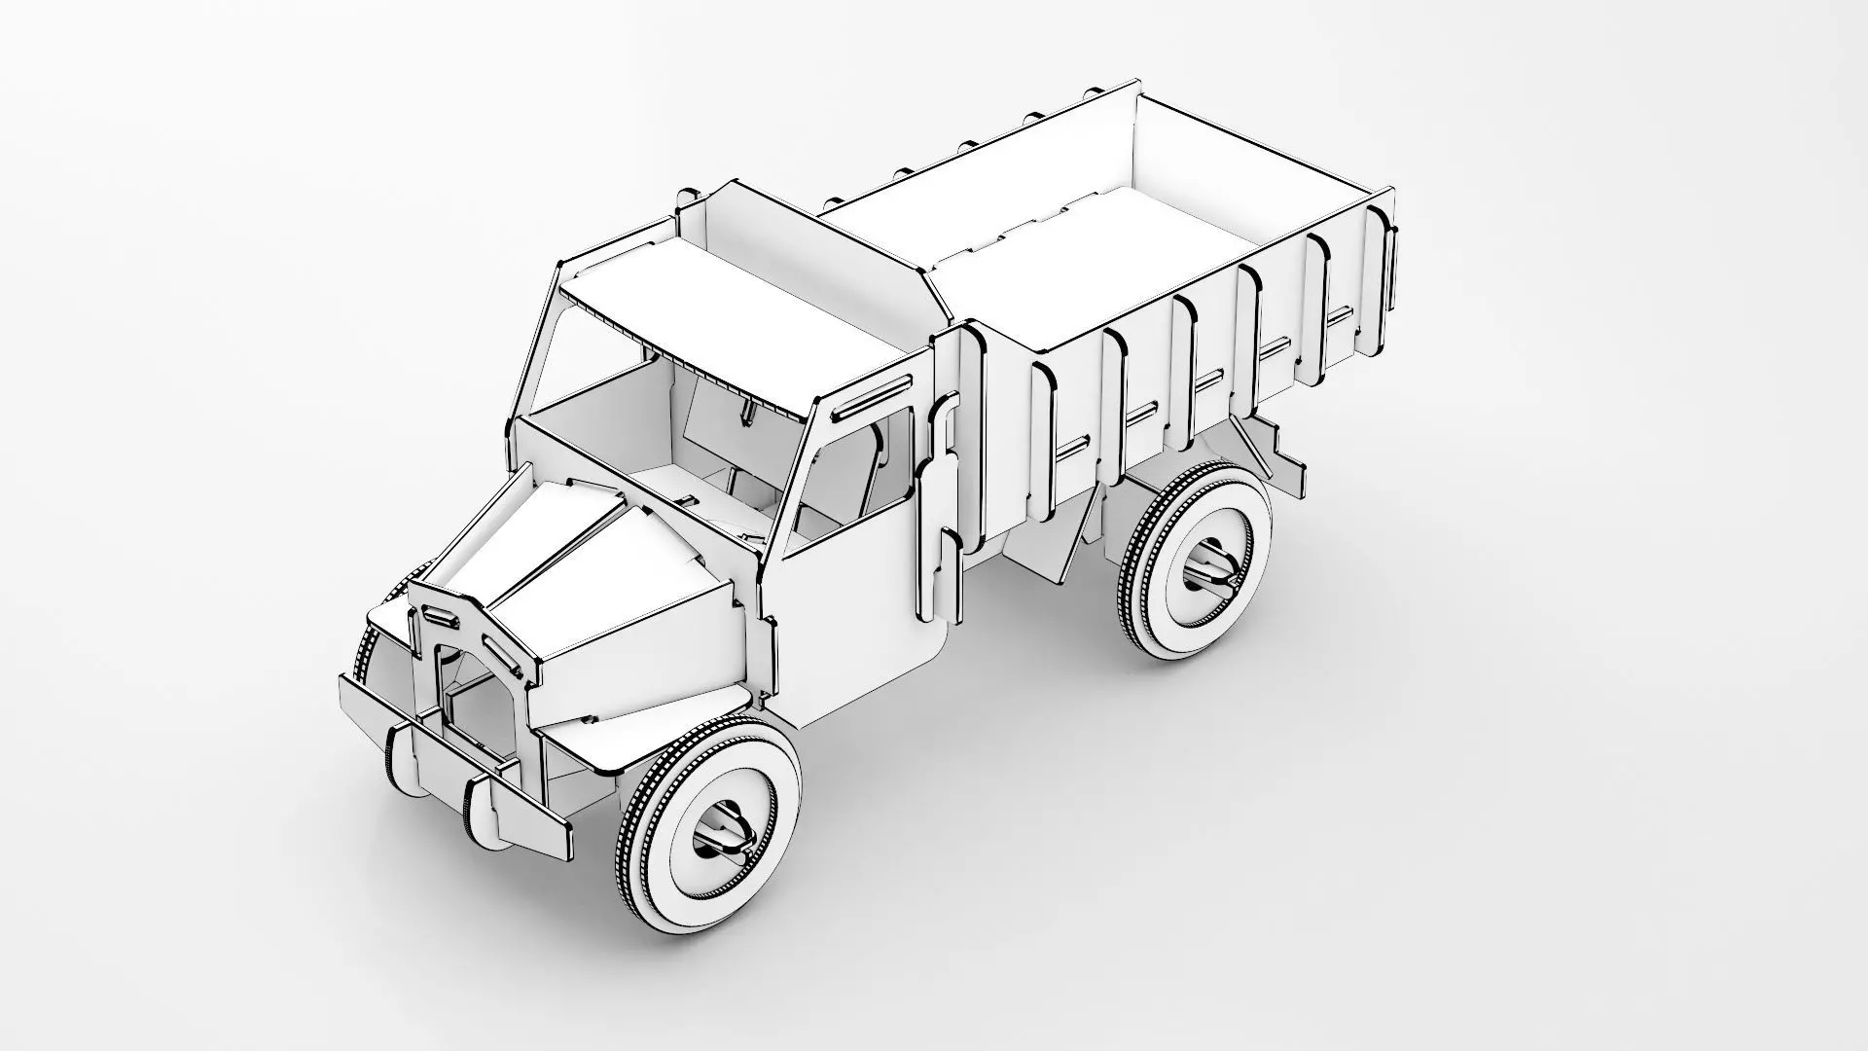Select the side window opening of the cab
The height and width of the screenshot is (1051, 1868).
pyautogui.click(x=856, y=477)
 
